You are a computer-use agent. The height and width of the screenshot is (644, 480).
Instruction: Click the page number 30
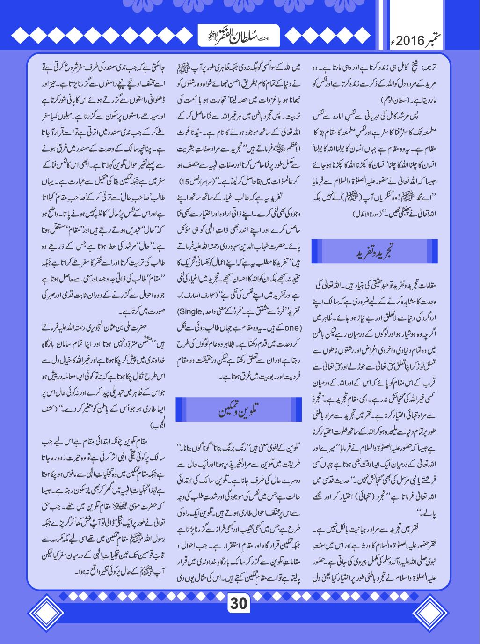click(x=239, y=603)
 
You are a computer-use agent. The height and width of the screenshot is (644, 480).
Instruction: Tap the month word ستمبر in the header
click(x=435, y=40)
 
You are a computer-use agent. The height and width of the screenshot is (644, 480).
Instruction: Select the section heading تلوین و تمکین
click(x=238, y=409)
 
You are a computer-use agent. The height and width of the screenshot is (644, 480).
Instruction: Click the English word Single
click(x=191, y=311)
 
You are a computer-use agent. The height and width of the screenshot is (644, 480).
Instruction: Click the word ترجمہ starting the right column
click(x=429, y=68)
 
